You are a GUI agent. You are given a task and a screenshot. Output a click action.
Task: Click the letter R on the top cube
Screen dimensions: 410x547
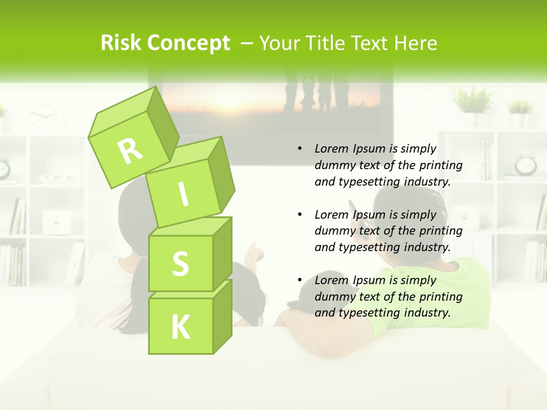click(x=130, y=150)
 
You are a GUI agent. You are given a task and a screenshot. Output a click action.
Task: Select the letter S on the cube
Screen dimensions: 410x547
click(x=180, y=264)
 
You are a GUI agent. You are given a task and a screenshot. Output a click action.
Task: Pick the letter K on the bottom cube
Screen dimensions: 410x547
click(x=181, y=327)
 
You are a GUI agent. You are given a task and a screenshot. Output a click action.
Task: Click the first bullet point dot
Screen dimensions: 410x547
click(x=300, y=149)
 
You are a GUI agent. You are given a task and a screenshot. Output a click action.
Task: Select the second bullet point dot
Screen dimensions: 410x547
click(x=300, y=215)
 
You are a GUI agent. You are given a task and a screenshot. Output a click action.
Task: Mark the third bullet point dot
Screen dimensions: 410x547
click(x=300, y=280)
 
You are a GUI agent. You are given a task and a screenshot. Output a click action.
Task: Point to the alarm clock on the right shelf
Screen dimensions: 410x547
click(x=525, y=165)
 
